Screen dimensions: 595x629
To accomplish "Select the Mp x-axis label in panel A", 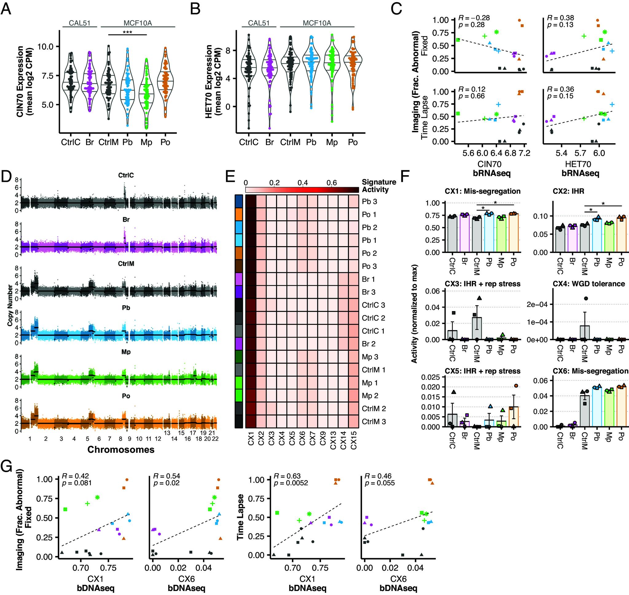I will pos(147,142).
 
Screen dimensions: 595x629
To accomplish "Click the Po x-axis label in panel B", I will pos(353,142).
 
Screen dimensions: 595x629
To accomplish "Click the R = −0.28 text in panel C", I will pos(474,18).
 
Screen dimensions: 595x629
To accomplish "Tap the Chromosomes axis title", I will pos(121,449).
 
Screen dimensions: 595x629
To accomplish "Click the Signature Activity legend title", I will pos(379,186).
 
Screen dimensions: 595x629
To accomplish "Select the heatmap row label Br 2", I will pos(369,344).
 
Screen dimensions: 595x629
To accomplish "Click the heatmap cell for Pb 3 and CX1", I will pos(251,201).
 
